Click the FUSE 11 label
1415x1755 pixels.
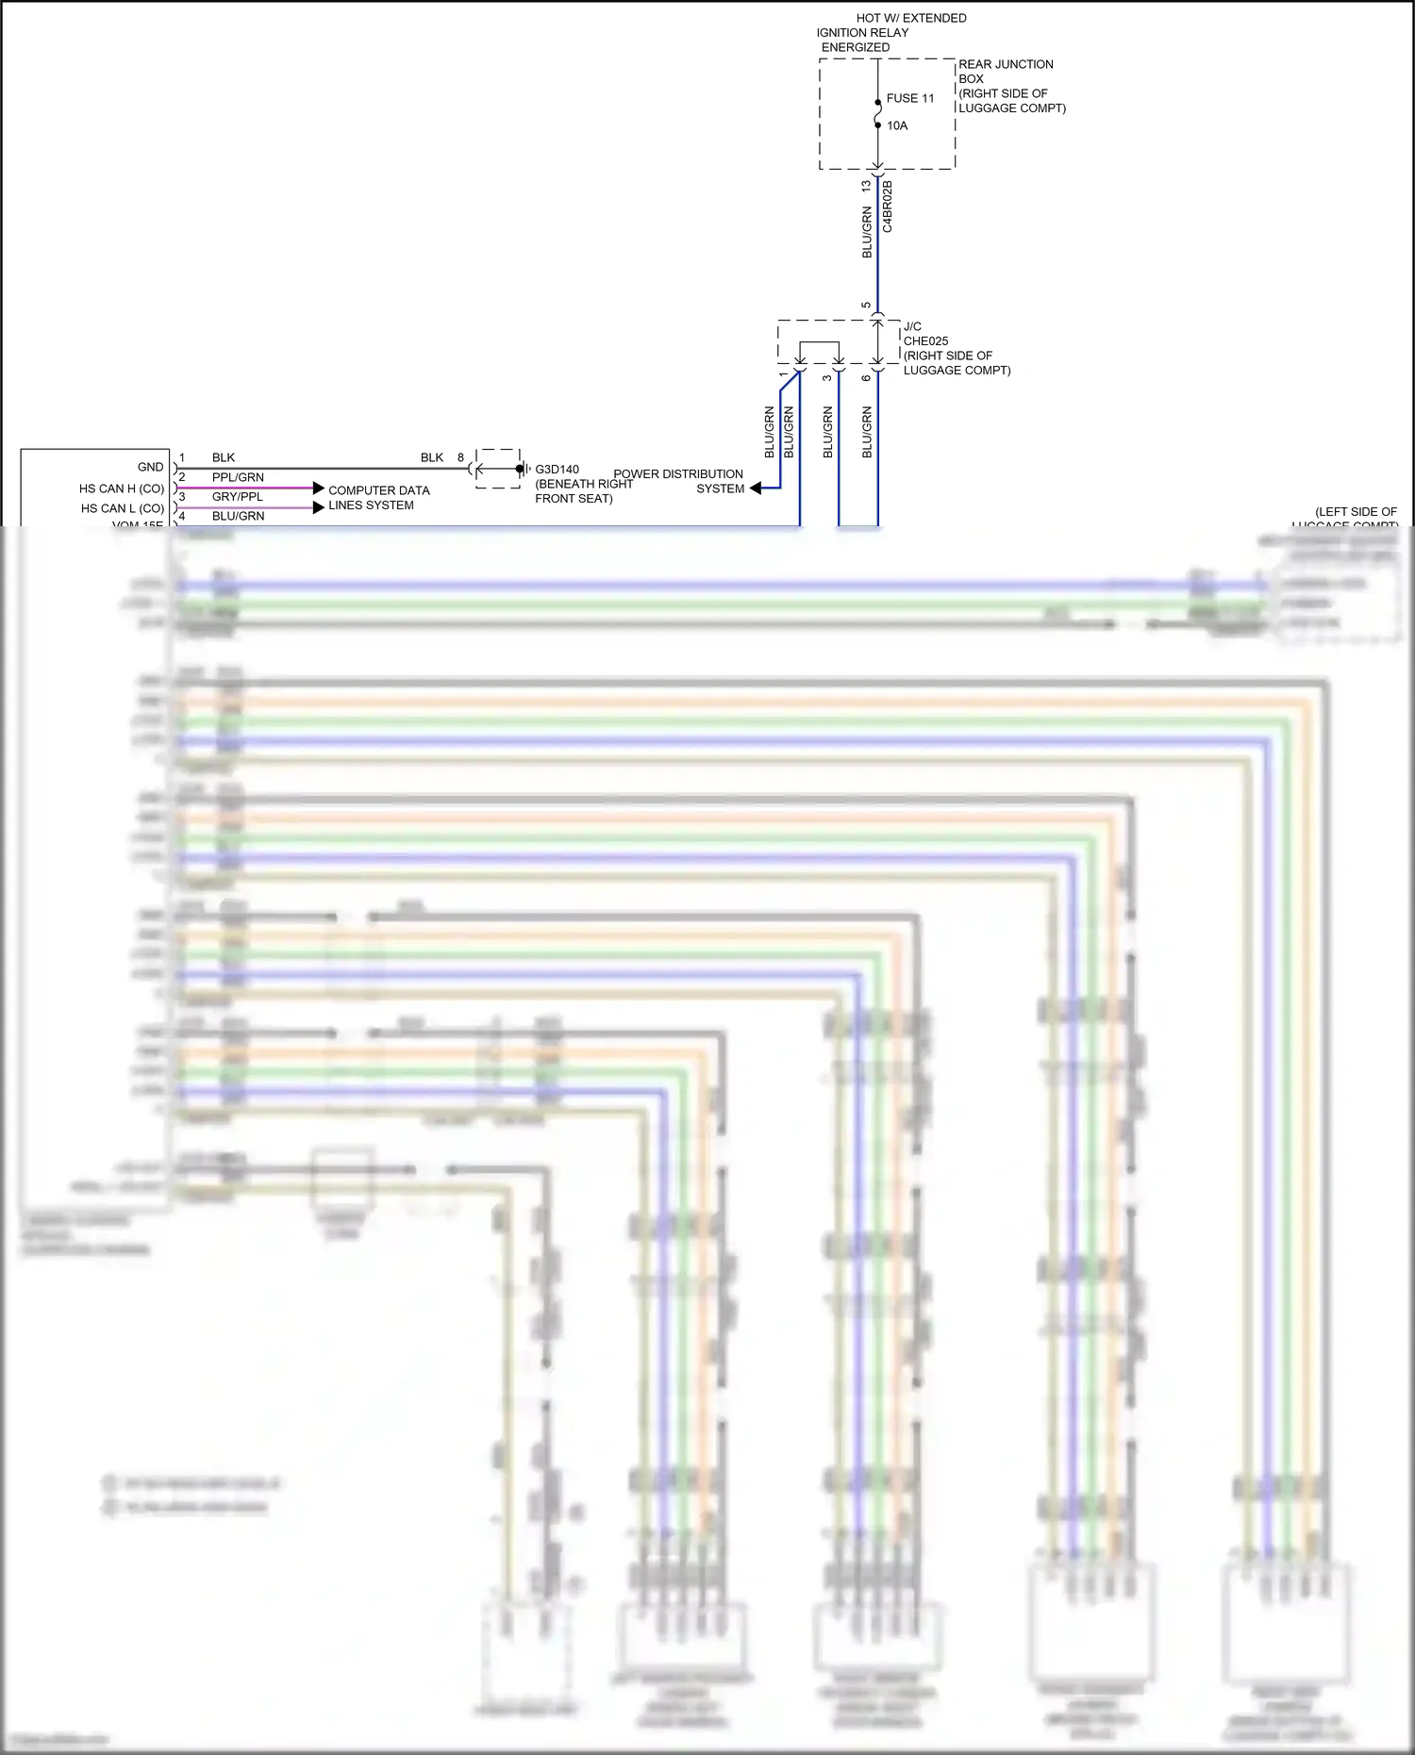pos(909,98)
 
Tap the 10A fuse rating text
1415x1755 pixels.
pos(896,125)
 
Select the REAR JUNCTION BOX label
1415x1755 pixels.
pos(1006,72)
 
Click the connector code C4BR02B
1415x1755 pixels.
pos(888,207)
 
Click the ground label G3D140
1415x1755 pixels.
pos(557,470)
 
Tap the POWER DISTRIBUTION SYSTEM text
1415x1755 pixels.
pos(679,481)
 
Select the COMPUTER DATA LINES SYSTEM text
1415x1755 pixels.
pos(378,498)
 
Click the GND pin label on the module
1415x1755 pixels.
pos(150,467)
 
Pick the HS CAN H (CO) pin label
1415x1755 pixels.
pos(121,488)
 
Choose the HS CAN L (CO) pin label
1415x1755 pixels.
pos(122,508)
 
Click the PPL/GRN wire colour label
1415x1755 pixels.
pos(238,477)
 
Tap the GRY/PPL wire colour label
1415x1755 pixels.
pos(237,497)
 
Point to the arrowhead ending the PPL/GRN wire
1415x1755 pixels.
pos(319,488)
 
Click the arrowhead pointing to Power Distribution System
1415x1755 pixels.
pos(755,488)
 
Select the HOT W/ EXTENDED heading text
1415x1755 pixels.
pos(910,18)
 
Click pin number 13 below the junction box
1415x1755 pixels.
pos(866,187)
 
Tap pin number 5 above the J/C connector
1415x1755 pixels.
pos(866,306)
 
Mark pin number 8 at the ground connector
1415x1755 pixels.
pos(460,457)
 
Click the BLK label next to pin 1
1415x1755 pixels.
pos(224,457)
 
